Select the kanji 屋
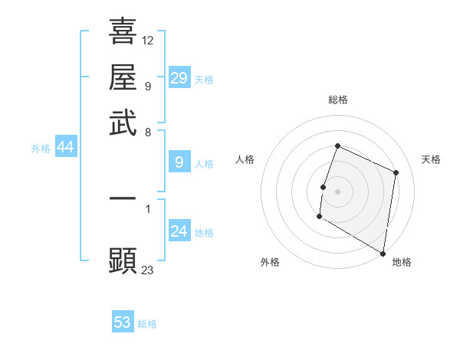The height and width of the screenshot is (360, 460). [x=123, y=77]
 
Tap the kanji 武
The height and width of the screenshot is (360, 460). [x=123, y=123]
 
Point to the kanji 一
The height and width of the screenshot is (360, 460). [x=123, y=198]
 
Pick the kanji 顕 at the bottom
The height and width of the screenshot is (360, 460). [x=123, y=260]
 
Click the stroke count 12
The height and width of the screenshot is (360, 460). [x=148, y=40]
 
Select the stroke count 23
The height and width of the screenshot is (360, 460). [x=148, y=270]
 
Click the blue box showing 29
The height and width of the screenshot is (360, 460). [x=179, y=78]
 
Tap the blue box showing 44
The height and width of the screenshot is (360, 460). [x=65, y=147]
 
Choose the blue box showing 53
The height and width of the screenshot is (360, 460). [x=123, y=322]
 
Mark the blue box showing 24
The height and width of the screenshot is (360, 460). [x=179, y=231]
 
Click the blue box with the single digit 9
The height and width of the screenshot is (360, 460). [x=179, y=162]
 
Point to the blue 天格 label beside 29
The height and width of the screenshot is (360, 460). [x=204, y=80]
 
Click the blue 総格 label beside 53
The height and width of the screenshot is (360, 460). [x=147, y=324]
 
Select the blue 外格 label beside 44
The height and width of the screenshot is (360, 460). [x=41, y=149]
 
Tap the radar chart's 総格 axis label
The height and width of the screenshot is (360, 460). [x=337, y=100]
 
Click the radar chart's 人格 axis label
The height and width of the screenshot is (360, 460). [x=245, y=159]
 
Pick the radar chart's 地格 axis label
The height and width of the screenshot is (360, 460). [x=402, y=262]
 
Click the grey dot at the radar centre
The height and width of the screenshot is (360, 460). [x=337, y=191]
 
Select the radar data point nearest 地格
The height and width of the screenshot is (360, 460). [x=383, y=252]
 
